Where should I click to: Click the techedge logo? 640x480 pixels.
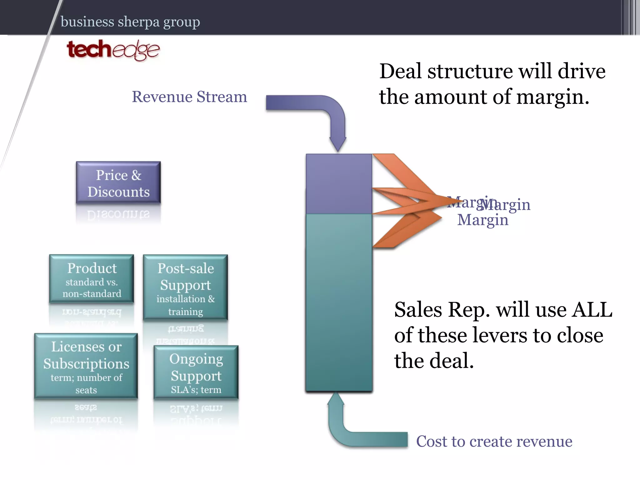click(x=113, y=50)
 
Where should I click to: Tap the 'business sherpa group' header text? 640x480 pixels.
click(x=130, y=22)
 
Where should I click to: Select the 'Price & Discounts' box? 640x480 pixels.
click(x=118, y=183)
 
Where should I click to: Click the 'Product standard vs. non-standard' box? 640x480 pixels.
click(x=92, y=279)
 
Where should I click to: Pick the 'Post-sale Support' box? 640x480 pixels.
click(x=185, y=287)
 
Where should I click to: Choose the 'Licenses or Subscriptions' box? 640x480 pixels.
click(x=86, y=366)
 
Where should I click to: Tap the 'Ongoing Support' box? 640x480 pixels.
click(x=196, y=372)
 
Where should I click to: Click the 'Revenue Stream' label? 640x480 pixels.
click(x=189, y=97)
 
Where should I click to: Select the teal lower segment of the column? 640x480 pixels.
click(x=339, y=302)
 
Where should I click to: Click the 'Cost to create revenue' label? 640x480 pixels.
click(x=494, y=441)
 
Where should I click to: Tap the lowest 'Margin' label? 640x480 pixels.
click(x=483, y=220)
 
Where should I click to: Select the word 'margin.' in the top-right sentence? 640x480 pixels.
click(x=552, y=97)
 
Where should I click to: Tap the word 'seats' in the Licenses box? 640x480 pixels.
click(x=86, y=390)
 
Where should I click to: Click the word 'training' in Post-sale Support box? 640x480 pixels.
click(x=185, y=312)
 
